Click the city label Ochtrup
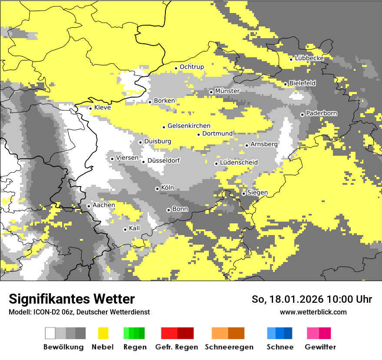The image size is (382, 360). [x=191, y=67]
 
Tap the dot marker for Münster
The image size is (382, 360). [x=211, y=92]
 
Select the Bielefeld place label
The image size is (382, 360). [x=303, y=83]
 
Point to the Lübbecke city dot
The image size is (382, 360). [x=291, y=59]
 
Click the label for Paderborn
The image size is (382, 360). [x=322, y=113]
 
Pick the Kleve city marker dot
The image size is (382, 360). [x=90, y=108]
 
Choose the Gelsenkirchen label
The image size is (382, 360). [x=189, y=126]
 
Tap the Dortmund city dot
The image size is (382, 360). [x=198, y=134]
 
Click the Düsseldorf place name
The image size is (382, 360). [x=164, y=160]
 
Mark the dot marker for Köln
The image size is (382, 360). [x=157, y=189]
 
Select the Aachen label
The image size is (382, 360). [x=104, y=205]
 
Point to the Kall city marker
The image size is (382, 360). [x=125, y=229]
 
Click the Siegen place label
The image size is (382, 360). [x=257, y=192]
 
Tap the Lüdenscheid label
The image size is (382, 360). [x=239, y=162]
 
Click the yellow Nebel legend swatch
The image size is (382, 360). [x=103, y=333]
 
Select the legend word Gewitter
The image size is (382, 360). [x=320, y=347]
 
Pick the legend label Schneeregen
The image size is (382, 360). [x=229, y=347]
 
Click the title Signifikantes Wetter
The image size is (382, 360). [x=72, y=299]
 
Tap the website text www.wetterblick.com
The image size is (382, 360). [x=313, y=312]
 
